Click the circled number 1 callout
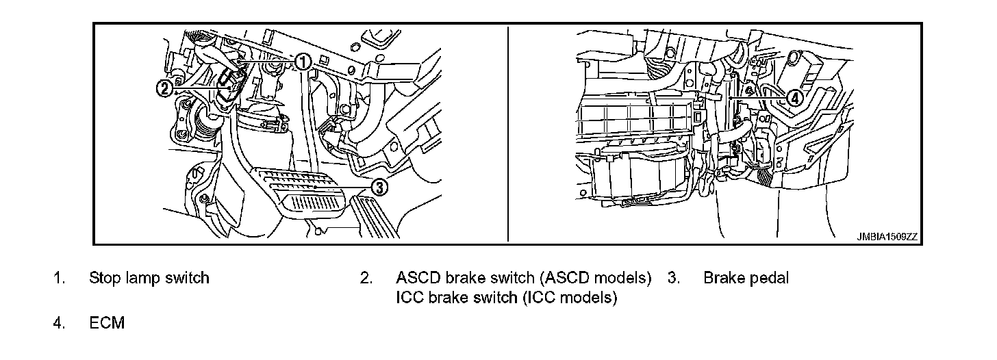point(303,62)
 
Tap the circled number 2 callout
point(164,88)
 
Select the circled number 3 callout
point(380,185)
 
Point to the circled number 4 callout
point(794,97)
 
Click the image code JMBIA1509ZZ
point(886,236)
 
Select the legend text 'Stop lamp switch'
point(149,279)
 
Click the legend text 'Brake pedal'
point(746,279)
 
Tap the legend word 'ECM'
point(107,323)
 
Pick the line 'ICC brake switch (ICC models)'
point(506,298)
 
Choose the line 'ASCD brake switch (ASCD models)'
point(523,279)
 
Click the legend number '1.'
point(60,279)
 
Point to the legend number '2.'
point(366,279)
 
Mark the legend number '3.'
point(673,279)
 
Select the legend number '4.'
point(60,323)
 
